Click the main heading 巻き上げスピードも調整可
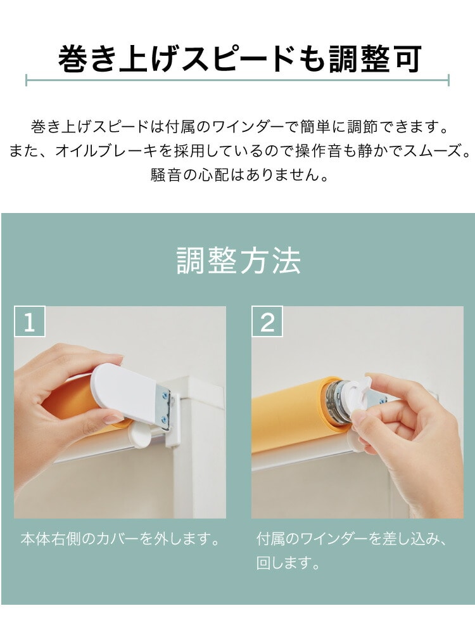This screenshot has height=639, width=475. point(239,59)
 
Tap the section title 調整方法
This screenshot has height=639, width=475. point(239,260)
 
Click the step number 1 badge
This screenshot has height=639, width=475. point(30,321)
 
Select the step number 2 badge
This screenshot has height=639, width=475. point(267,321)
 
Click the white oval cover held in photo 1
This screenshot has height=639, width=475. point(125,393)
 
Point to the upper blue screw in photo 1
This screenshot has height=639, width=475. point(165,394)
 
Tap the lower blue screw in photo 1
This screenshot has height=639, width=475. point(164,418)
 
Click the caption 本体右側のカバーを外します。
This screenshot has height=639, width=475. point(120,539)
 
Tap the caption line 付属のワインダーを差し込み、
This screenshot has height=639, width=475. point(353,539)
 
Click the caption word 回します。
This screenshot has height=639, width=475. point(288,563)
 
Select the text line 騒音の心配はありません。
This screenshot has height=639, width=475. point(239,175)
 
